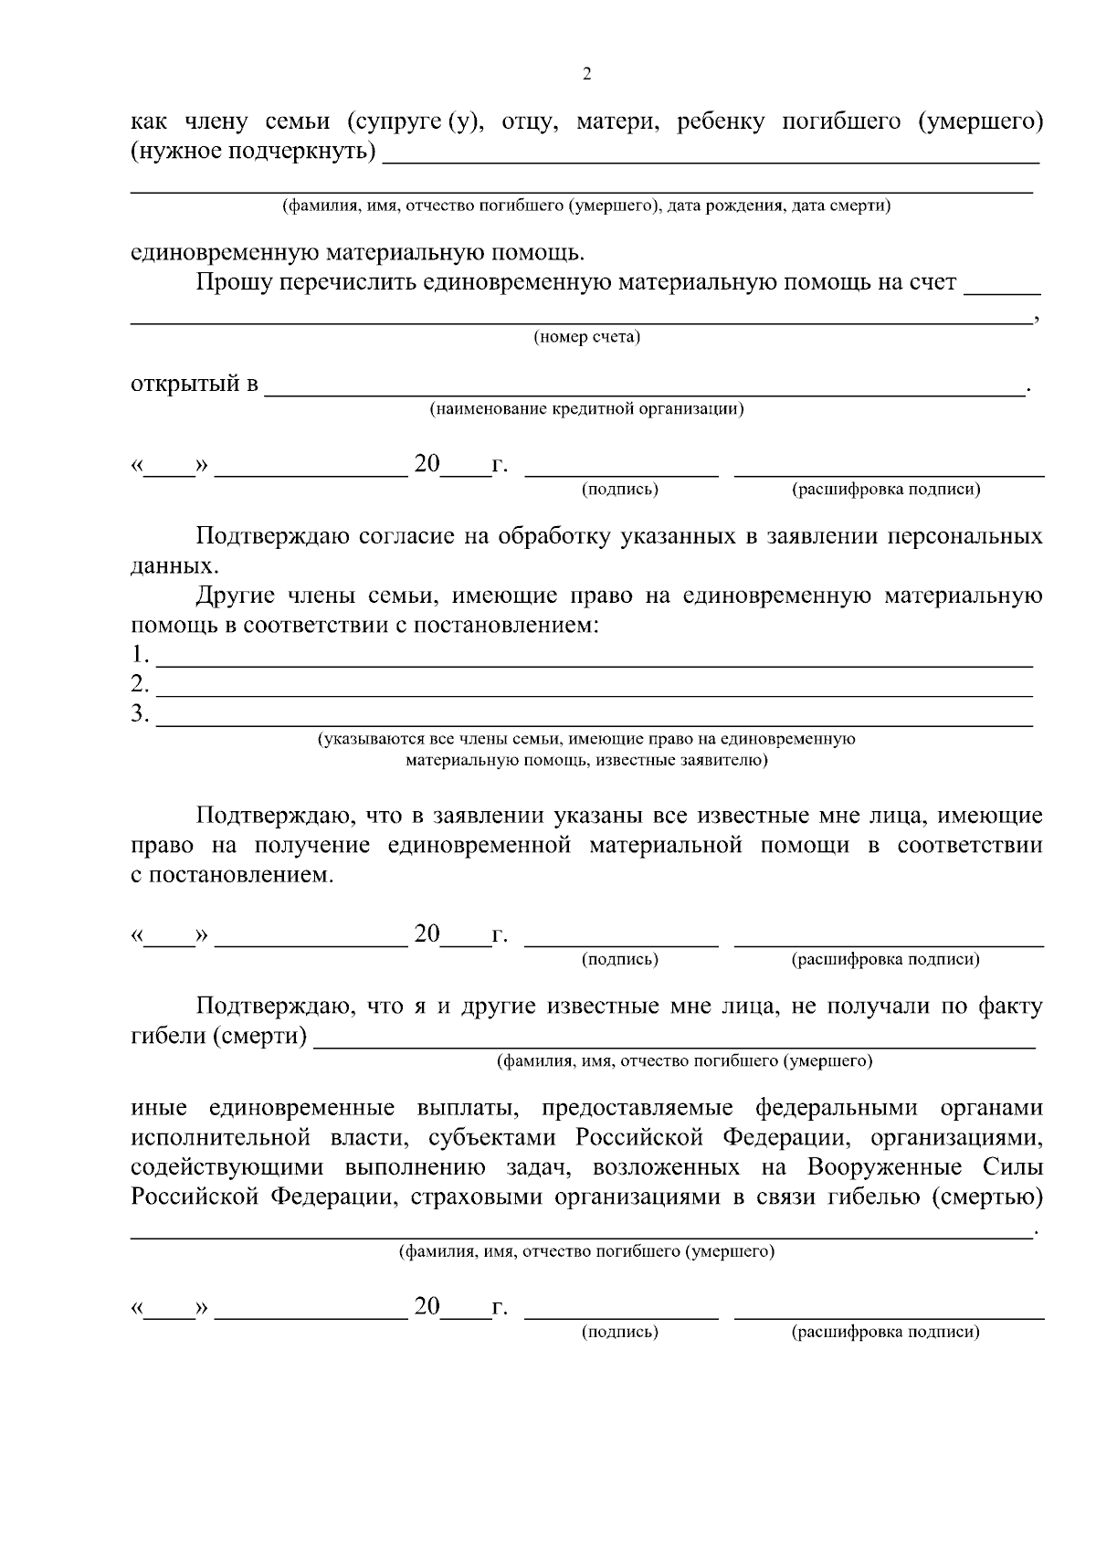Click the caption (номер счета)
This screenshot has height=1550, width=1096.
pos(586,338)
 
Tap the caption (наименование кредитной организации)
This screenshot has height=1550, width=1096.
pos(586,409)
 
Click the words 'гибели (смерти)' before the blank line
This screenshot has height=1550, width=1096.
pos(219,1038)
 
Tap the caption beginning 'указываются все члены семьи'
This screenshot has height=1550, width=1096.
pos(586,739)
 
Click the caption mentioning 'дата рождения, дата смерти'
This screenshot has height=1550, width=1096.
pos(586,206)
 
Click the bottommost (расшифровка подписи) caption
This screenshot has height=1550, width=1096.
pos(885,1332)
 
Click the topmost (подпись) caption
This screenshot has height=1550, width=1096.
pos(620,490)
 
